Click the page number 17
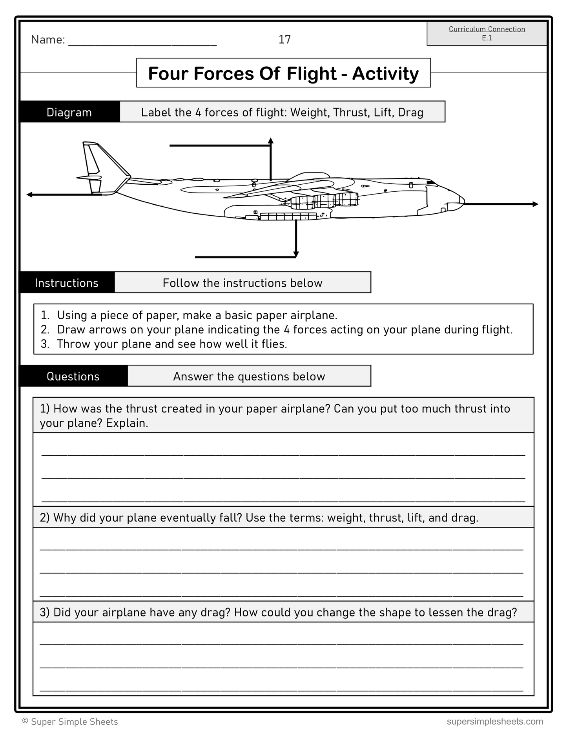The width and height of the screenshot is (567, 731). pyautogui.click(x=284, y=39)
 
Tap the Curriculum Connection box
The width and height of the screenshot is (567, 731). pyautogui.click(x=487, y=33)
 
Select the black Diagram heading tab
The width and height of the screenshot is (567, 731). pyautogui.click(x=69, y=112)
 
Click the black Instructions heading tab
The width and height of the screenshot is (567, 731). pyautogui.click(x=67, y=283)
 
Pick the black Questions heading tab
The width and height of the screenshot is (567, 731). pyautogui.click(x=73, y=376)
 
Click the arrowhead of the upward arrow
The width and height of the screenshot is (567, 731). pyautogui.click(x=270, y=140)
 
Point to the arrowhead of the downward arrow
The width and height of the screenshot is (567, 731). pyautogui.click(x=296, y=255)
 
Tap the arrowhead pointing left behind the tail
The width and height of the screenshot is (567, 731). pyautogui.click(x=29, y=195)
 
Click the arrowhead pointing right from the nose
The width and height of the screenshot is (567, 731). pyautogui.click(x=535, y=204)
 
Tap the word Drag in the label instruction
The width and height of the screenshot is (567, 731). pyautogui.click(x=410, y=113)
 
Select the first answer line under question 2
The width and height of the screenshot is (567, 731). pyautogui.click(x=281, y=548)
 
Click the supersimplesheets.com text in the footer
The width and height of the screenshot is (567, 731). pyautogui.click(x=495, y=721)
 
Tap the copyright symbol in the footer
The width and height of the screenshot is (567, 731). pyautogui.click(x=26, y=721)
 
